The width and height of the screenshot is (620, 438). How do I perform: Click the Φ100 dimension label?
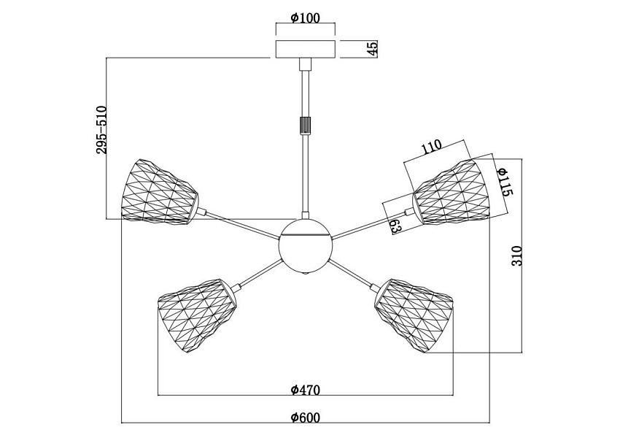coord(305,18)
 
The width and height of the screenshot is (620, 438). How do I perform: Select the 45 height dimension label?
coord(373,48)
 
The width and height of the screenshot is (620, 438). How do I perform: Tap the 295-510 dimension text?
coord(101,129)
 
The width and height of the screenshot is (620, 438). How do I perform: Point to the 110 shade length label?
coord(431,147)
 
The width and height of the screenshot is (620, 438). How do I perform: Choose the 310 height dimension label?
coord(517,255)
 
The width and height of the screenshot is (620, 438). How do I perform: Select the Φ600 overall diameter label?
coord(305,418)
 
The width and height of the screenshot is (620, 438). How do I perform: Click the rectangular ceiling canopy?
coord(305,49)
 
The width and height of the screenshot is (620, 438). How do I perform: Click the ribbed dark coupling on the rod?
coord(305,125)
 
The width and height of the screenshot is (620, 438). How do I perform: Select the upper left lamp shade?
coord(160,193)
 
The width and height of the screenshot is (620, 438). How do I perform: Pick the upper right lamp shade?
coord(452,192)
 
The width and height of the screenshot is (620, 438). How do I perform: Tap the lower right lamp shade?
coord(414,315)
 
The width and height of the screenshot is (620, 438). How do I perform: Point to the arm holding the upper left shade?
coord(242,225)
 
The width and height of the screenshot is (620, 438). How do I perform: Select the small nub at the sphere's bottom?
coord(306,274)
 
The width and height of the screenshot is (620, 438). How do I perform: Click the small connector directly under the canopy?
coord(305,64)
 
